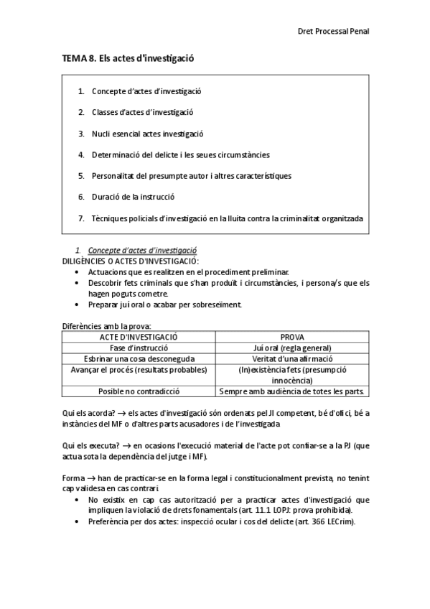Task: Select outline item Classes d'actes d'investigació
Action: click(x=142, y=112)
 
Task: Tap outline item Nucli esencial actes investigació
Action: click(x=147, y=134)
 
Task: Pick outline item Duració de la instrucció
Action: click(x=133, y=196)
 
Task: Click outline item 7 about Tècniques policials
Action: click(x=227, y=218)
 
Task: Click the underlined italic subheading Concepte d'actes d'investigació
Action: click(x=142, y=250)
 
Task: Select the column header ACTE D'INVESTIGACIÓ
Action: click(x=139, y=337)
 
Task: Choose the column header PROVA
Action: click(x=292, y=337)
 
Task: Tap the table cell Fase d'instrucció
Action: click(x=139, y=348)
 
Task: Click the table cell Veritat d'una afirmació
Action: click(x=292, y=358)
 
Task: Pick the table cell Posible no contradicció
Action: click(x=139, y=391)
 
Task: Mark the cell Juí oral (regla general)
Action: click(x=292, y=348)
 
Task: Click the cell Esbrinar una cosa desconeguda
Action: click(x=139, y=358)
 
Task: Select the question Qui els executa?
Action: click(x=85, y=445)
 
